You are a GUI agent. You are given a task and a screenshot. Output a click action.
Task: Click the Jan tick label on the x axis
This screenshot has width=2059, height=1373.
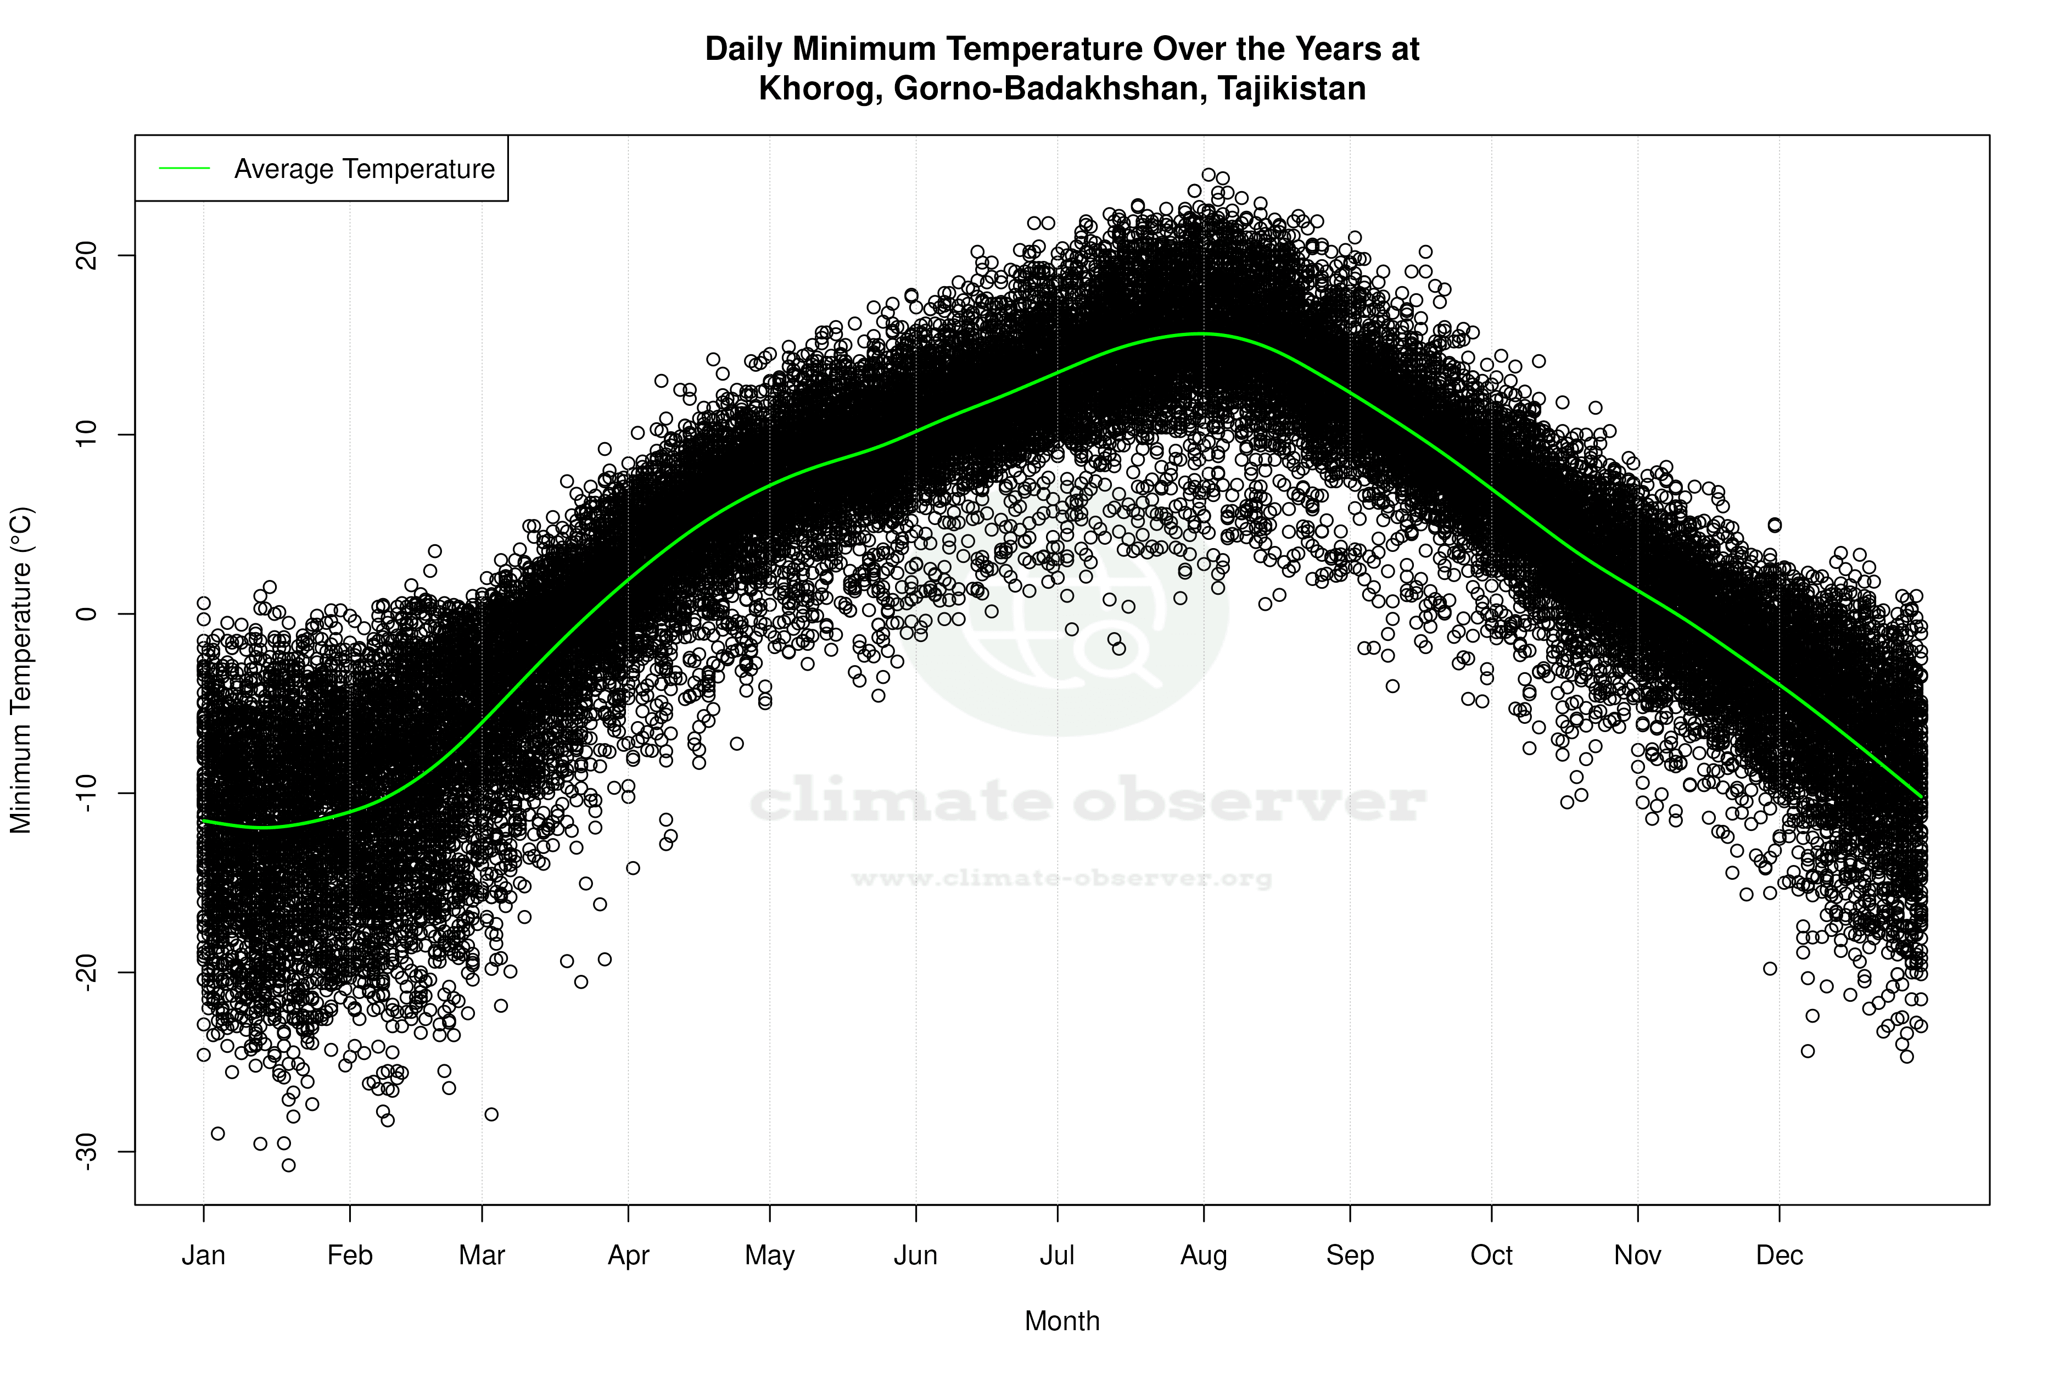tap(203, 1255)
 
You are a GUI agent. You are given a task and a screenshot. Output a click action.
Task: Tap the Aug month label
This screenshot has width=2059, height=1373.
tap(1204, 1255)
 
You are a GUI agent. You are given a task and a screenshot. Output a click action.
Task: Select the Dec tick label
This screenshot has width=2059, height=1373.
tap(1779, 1255)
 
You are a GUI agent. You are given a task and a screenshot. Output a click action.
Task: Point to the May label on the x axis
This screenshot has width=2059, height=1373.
tap(769, 1255)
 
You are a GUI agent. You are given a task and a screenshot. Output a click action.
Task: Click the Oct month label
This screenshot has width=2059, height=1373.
tap(1491, 1255)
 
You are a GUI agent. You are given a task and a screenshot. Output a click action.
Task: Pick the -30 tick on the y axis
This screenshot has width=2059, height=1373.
tap(87, 1152)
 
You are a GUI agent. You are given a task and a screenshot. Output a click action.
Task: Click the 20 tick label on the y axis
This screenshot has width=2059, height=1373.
tap(87, 256)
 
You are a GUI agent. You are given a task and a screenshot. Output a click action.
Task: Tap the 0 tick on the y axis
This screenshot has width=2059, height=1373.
tap(87, 614)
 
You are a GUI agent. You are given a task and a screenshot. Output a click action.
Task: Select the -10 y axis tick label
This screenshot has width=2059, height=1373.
tap(87, 794)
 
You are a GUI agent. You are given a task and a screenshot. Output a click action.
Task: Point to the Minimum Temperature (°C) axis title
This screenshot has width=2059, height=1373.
tap(21, 670)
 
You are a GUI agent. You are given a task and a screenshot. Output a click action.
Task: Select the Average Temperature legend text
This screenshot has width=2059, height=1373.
tap(364, 169)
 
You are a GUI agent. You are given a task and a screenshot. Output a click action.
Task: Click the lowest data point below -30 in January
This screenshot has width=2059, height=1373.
tap(289, 1165)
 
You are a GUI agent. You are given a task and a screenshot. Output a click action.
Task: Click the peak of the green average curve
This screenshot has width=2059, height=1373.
tap(1204, 333)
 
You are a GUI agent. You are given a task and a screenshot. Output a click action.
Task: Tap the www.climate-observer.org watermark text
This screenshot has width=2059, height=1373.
tap(1062, 878)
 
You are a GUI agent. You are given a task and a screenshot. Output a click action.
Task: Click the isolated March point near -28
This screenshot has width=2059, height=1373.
tap(491, 1115)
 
